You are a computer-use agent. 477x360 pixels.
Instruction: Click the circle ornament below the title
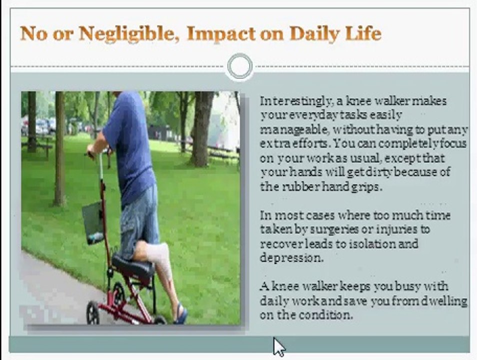click(239, 66)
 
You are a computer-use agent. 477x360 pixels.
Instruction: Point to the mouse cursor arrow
click(278, 346)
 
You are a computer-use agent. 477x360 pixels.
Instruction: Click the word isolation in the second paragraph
click(372, 244)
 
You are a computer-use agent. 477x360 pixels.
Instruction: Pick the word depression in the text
click(291, 258)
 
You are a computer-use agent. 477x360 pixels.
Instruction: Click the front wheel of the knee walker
click(93, 312)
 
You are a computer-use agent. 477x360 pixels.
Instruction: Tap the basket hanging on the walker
click(93, 222)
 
